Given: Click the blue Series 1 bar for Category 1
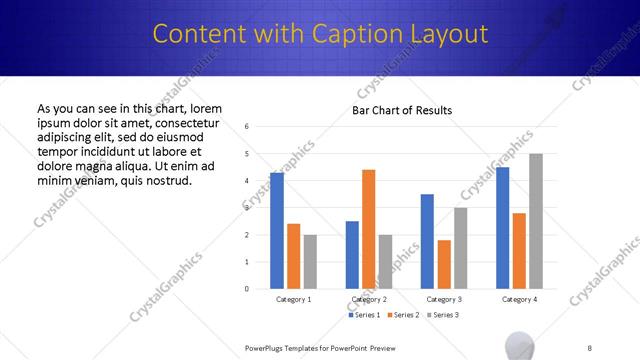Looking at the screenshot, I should (x=277, y=231).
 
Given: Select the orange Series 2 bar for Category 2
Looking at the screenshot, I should (x=368, y=229).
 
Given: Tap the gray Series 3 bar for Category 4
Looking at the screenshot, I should (x=536, y=221).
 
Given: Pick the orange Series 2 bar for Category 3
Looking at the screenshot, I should (x=444, y=264).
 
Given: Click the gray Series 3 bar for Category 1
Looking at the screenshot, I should (x=310, y=262).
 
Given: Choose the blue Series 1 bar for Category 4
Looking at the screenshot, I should (x=502, y=228).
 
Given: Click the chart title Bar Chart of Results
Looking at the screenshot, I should (x=402, y=110).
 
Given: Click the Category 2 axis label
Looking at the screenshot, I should (x=368, y=299).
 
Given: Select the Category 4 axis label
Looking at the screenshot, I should (x=519, y=299).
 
